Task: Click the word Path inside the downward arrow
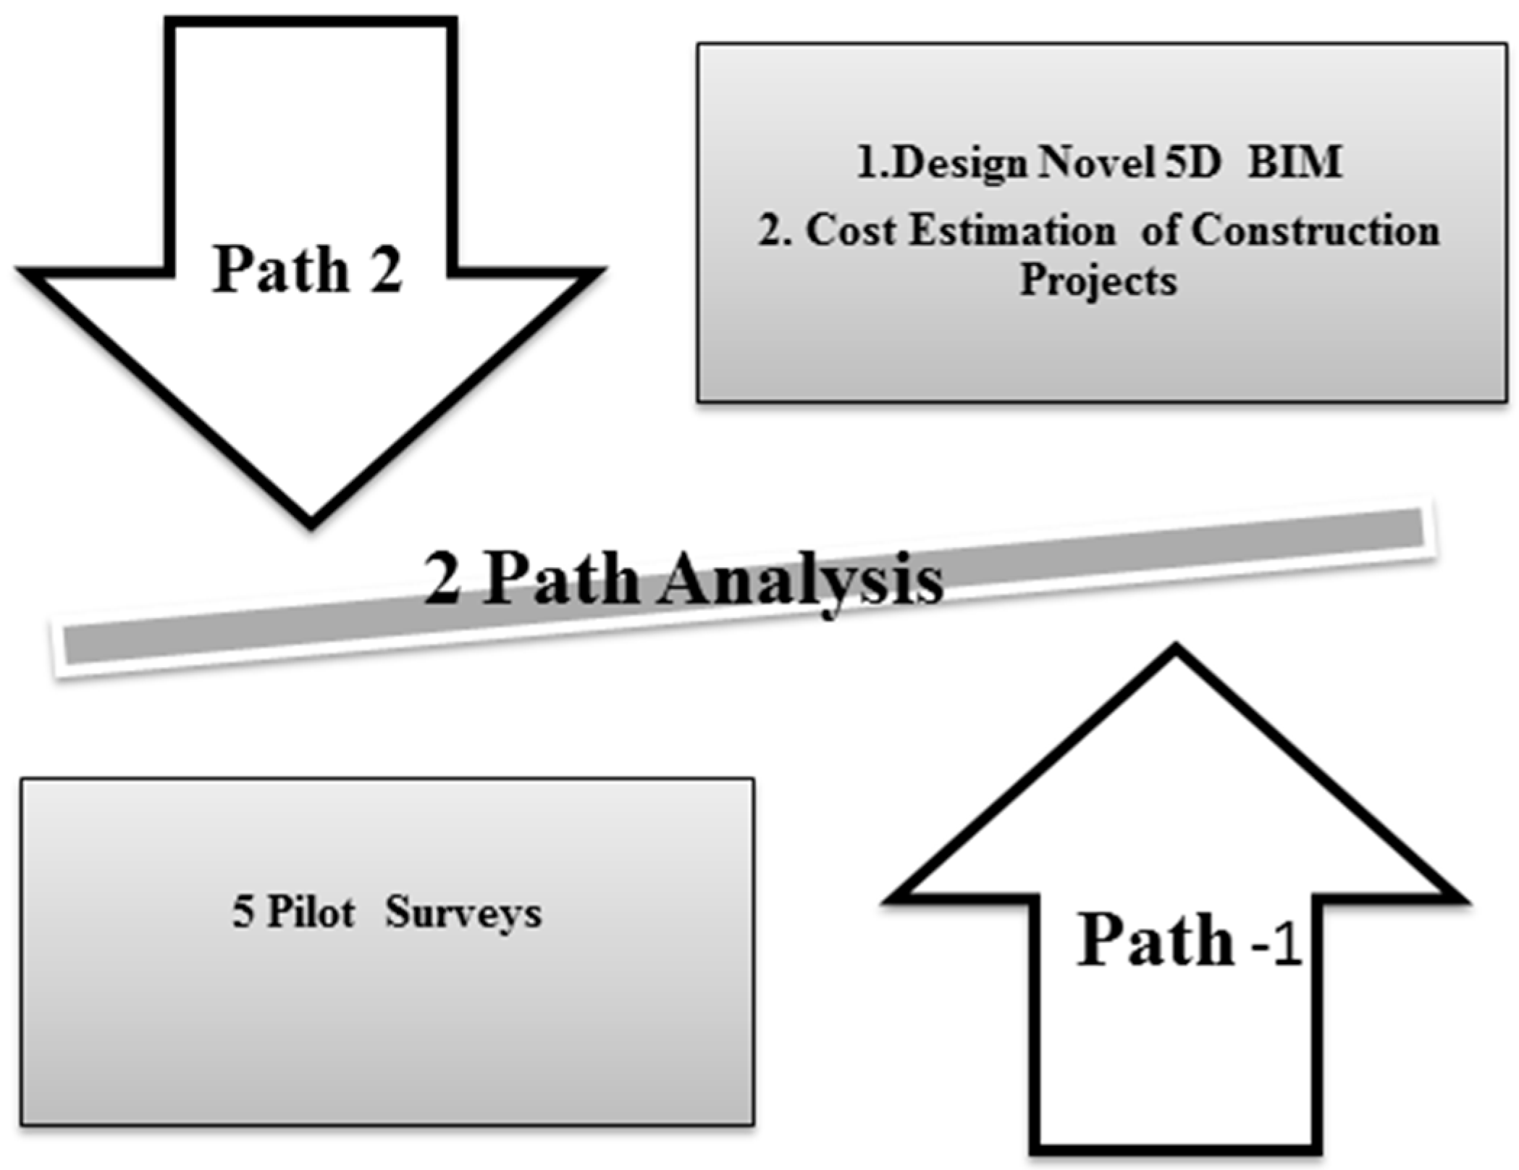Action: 281,269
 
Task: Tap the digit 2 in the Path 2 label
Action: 386,269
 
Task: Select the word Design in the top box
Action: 959,164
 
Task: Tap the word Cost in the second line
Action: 851,232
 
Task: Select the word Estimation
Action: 1012,232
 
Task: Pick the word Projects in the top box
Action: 1098,281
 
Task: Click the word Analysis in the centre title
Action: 800,581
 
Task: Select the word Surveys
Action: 463,913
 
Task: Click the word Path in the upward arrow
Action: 1156,941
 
